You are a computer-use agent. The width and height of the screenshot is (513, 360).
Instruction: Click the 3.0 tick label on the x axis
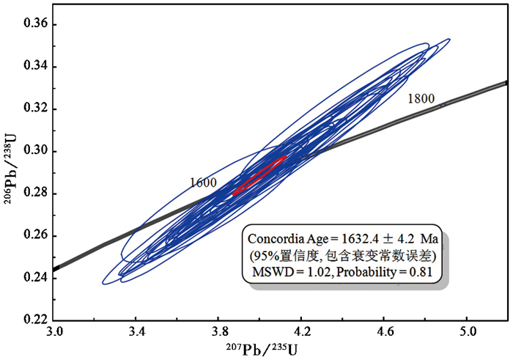[x=53, y=333]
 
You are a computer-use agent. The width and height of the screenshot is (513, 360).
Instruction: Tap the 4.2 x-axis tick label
[x=302, y=333]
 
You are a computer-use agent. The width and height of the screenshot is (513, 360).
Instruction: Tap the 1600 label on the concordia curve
[x=202, y=183]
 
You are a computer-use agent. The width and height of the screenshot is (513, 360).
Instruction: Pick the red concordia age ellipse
[x=259, y=175]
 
